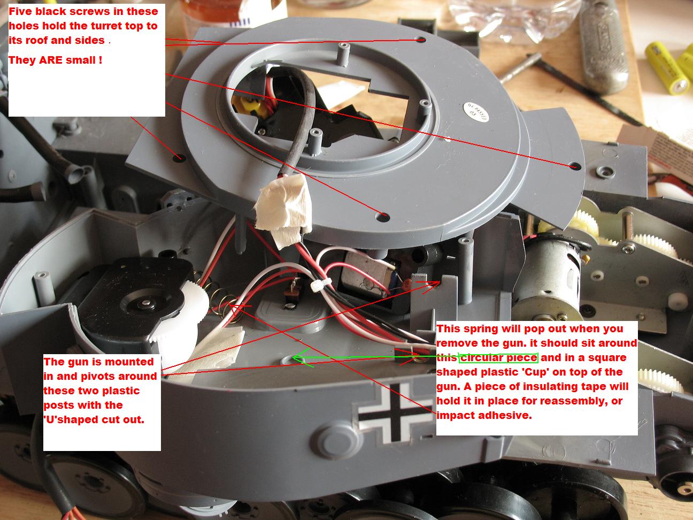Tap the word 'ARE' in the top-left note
(x=50, y=60)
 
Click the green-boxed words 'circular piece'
(x=498, y=358)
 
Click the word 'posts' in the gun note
(x=59, y=405)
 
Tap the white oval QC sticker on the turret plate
(x=477, y=113)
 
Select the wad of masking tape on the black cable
(x=283, y=207)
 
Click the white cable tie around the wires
(x=320, y=284)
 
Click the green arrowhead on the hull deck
(x=302, y=357)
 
